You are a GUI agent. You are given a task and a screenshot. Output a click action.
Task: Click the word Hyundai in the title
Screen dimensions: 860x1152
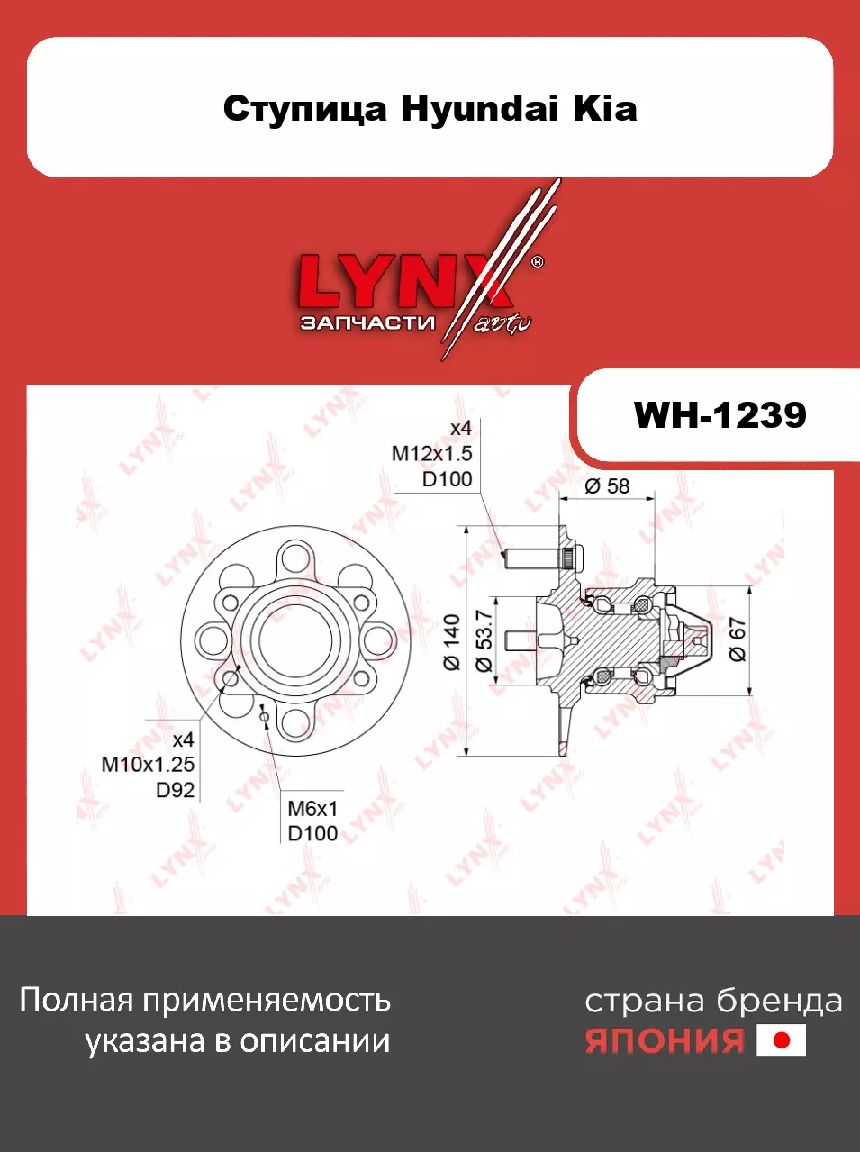click(479, 110)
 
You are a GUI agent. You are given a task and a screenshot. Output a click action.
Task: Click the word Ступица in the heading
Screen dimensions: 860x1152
click(305, 110)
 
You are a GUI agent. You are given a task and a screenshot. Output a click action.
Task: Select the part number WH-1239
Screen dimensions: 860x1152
click(720, 415)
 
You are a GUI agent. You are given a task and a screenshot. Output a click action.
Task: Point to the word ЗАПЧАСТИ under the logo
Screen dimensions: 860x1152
click(367, 322)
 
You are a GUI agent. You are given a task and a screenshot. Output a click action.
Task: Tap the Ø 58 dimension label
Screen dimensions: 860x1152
click(607, 486)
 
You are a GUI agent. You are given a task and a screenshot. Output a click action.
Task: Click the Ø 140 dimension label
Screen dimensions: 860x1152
click(452, 643)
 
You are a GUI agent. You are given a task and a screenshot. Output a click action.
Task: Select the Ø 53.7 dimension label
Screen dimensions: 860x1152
click(484, 640)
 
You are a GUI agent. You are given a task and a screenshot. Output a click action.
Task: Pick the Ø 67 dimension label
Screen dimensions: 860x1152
click(738, 639)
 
